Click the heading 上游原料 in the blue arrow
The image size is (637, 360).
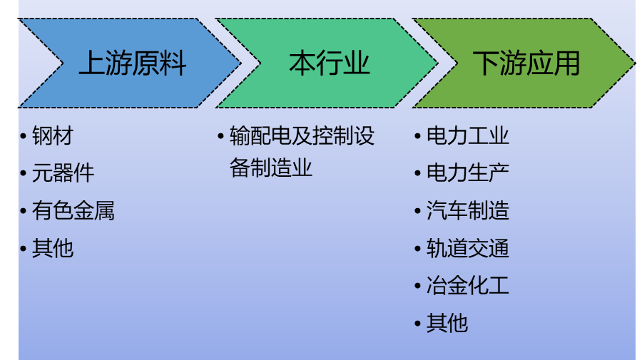(x=132, y=63)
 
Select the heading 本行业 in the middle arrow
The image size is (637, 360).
(x=330, y=63)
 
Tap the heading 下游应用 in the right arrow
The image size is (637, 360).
(x=526, y=63)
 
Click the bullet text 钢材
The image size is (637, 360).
(x=53, y=135)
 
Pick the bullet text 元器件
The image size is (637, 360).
(x=63, y=173)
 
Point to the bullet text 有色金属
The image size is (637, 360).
(x=73, y=211)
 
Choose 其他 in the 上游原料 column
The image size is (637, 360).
(x=53, y=249)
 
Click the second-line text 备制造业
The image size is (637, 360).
(x=271, y=168)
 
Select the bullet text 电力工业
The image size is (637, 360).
(x=468, y=135)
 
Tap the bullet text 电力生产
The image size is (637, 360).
(x=468, y=173)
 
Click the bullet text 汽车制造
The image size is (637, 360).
(x=468, y=211)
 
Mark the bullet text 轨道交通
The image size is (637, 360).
(x=468, y=249)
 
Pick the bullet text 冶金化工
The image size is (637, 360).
(x=468, y=287)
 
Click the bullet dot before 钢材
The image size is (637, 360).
(x=24, y=135)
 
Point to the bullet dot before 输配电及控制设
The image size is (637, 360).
(x=220, y=135)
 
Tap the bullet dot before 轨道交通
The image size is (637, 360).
(x=418, y=249)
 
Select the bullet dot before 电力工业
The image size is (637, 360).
(x=418, y=135)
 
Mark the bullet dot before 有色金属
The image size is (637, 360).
(x=24, y=211)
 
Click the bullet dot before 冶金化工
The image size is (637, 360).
(x=418, y=287)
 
